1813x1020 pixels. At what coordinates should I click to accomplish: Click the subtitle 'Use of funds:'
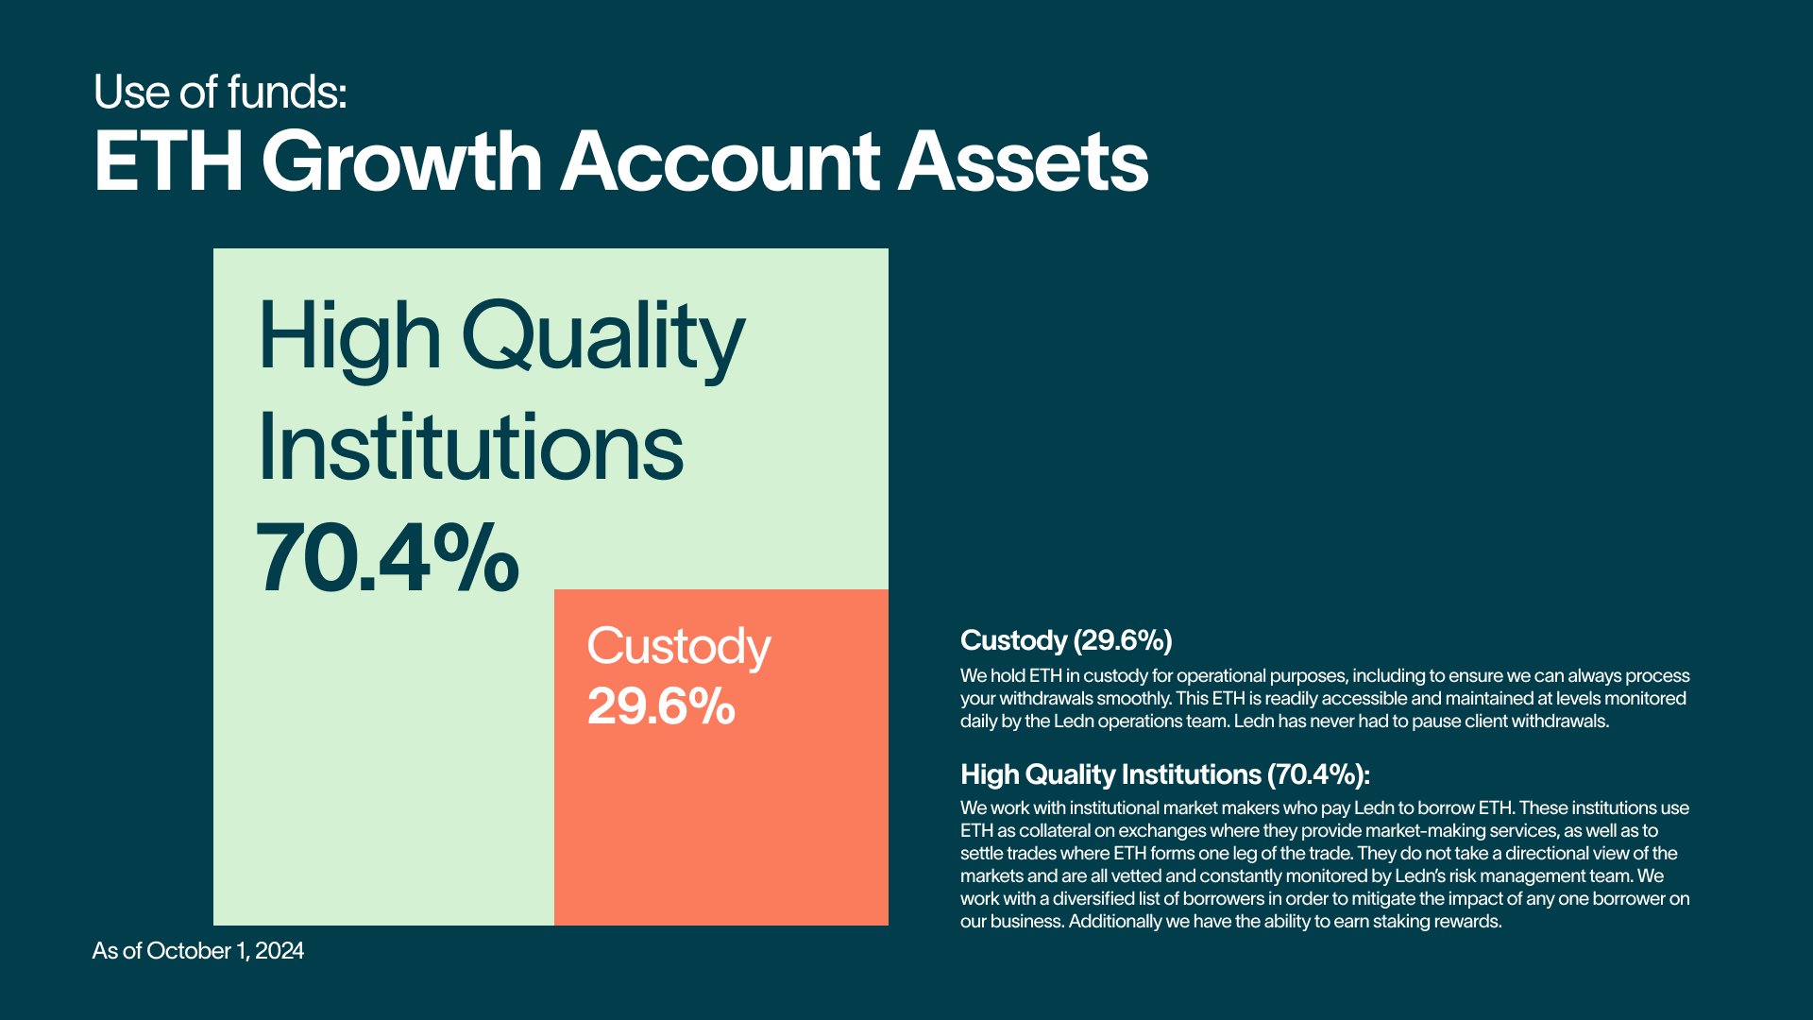coord(220,93)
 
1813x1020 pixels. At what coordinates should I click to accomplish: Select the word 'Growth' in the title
coord(402,161)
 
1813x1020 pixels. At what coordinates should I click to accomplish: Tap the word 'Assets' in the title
coord(1023,161)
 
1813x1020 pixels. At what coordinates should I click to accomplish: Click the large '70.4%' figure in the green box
coord(387,558)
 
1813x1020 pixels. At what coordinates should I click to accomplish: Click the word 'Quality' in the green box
coord(603,338)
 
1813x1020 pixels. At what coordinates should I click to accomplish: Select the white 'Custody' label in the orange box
coord(679,648)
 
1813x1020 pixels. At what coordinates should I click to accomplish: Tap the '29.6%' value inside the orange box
coord(661,706)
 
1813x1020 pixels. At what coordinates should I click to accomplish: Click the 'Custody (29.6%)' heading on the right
coord(1066,640)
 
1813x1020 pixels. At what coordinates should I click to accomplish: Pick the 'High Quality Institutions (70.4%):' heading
coord(1165,774)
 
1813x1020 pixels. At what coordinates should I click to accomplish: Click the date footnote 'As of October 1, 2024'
coord(198,951)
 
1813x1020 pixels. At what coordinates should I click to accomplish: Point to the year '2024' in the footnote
coord(280,951)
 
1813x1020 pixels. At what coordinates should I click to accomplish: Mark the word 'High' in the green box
coord(349,338)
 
